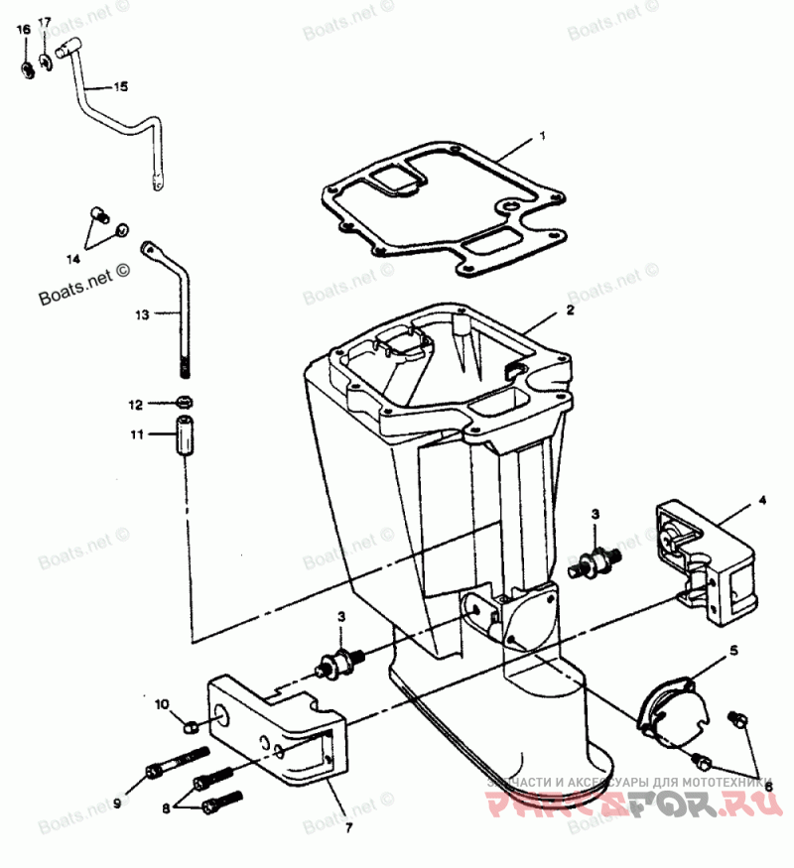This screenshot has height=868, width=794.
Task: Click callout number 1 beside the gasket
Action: pos(543,134)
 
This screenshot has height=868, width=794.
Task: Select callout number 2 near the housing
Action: pos(571,310)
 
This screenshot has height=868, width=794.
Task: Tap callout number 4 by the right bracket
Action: pos(762,501)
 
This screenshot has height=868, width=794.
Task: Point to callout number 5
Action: pos(734,652)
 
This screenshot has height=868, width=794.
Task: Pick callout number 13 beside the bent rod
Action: pos(142,314)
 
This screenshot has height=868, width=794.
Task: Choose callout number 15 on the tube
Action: pos(120,87)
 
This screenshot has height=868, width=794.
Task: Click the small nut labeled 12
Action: pos(183,403)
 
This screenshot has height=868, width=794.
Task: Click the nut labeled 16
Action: pos(27,69)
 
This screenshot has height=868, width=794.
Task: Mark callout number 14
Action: pos(73,260)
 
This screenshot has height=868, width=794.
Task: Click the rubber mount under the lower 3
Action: pos(340,662)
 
